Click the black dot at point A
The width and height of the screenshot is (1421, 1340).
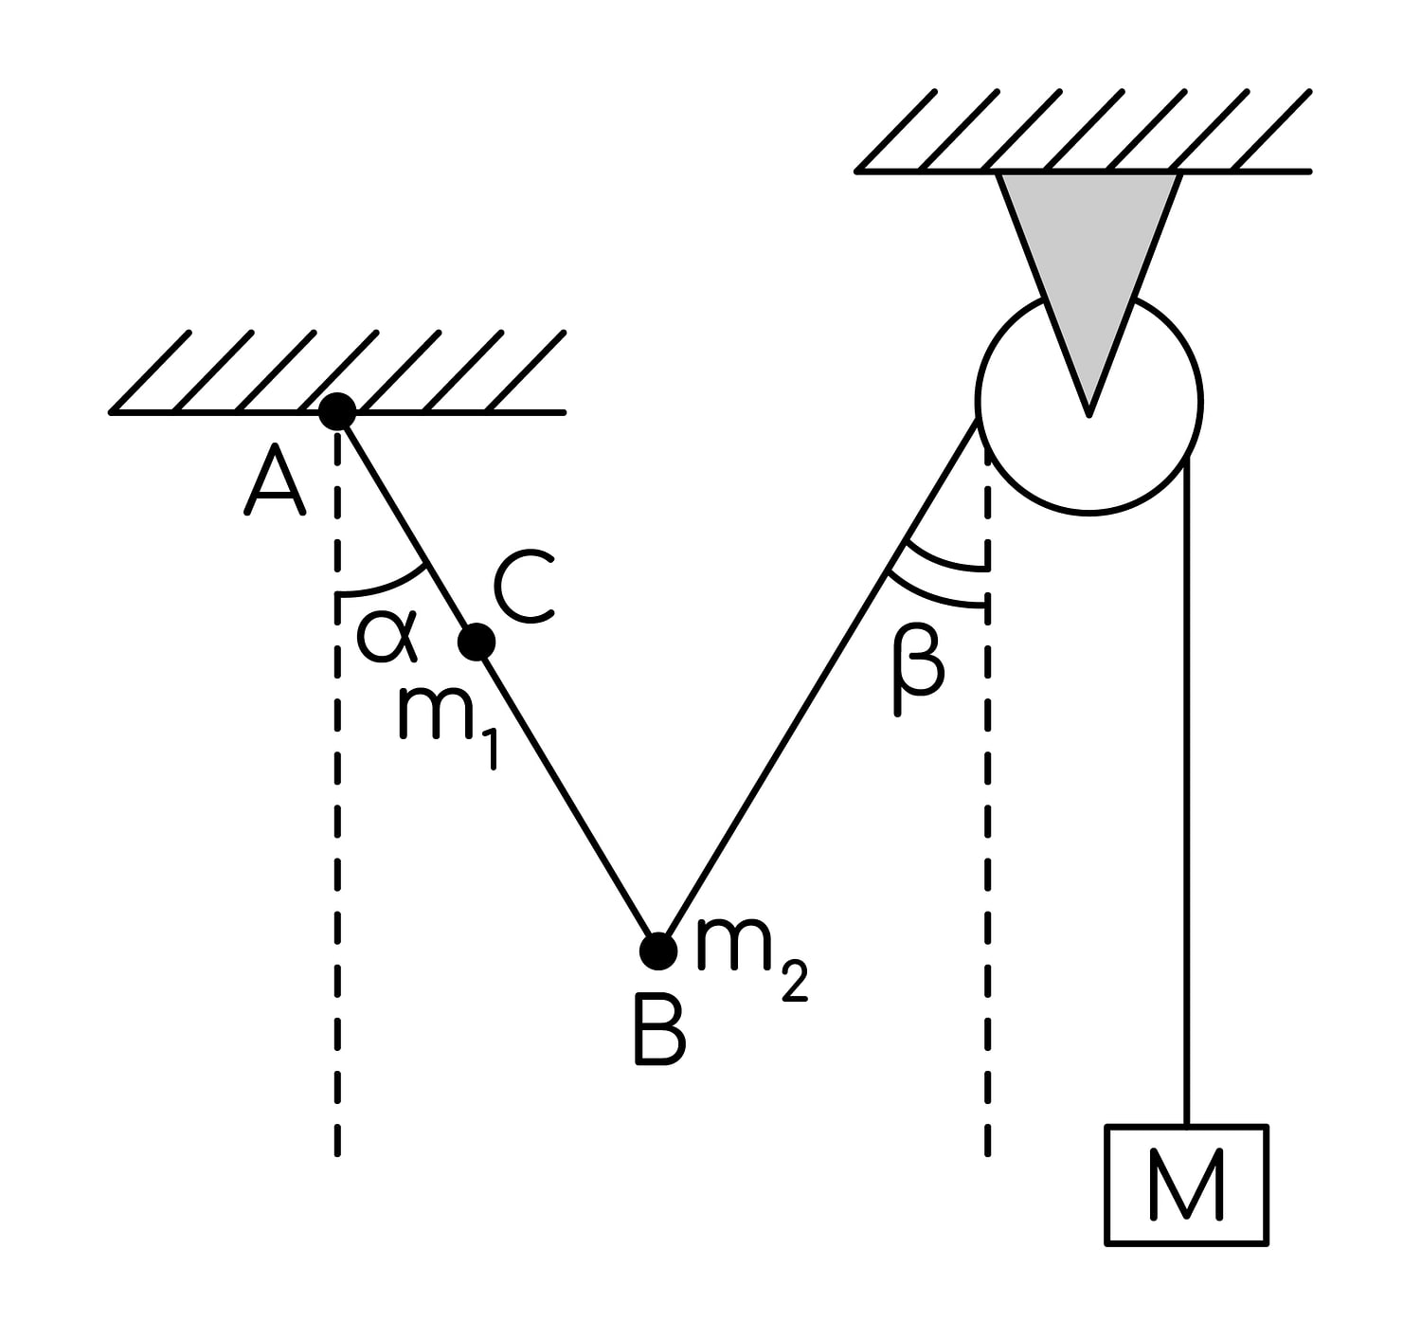[x=337, y=411]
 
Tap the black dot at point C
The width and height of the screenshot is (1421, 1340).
[x=477, y=642]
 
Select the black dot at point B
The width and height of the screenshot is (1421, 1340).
[x=658, y=951]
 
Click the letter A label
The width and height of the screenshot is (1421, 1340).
[x=275, y=479]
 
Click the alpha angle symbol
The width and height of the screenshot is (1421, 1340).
[x=387, y=636]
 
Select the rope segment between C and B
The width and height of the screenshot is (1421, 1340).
[x=567, y=796]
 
